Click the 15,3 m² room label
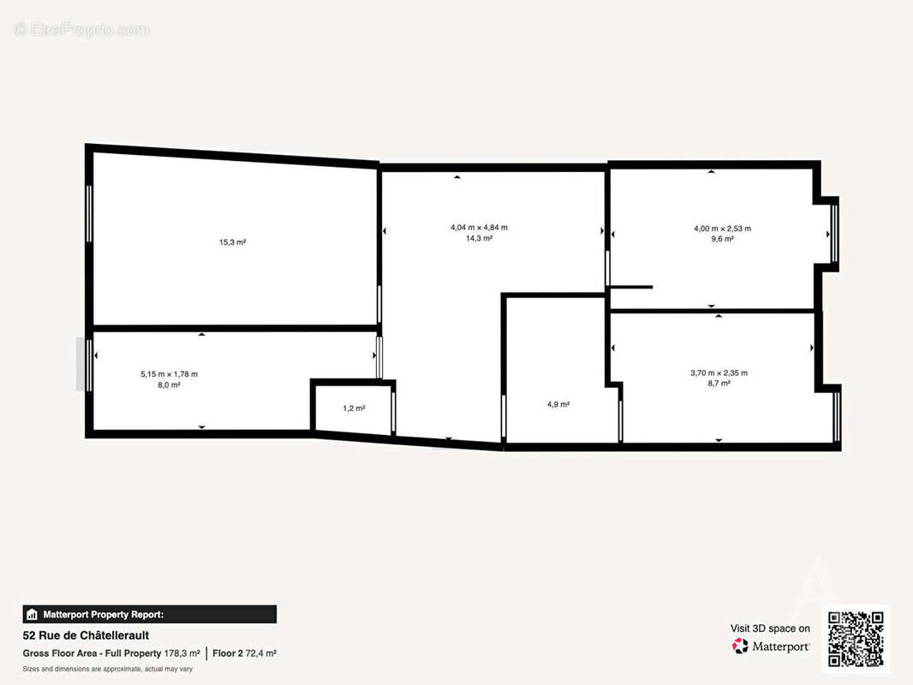tap(232, 242)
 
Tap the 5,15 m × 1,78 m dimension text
tap(169, 374)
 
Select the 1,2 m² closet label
tap(354, 408)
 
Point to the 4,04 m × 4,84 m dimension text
tap(480, 228)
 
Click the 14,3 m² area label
tap(480, 238)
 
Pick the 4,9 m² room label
tap(558, 404)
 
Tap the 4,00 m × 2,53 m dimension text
tap(723, 229)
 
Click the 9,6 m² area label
tap(723, 239)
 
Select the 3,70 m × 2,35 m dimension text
tap(719, 373)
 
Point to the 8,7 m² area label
tap(719, 384)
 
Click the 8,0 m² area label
tap(169, 384)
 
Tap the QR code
tap(856, 639)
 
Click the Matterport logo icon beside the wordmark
tap(740, 646)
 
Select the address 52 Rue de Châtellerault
tap(86, 635)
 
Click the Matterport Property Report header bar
tap(150, 615)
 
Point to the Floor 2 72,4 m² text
tap(245, 653)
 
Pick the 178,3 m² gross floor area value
tap(182, 653)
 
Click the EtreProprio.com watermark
tap(82, 29)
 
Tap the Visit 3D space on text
tap(770, 628)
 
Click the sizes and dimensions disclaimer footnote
tap(108, 670)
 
